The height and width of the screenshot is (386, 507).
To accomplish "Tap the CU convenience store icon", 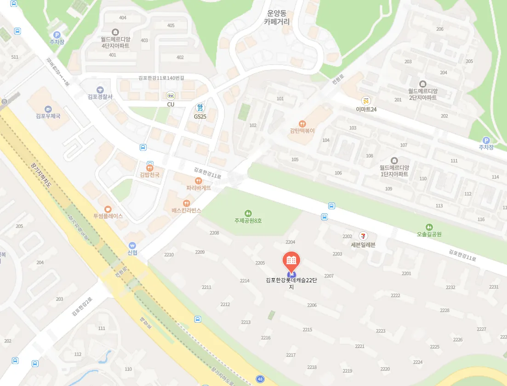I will (171, 95).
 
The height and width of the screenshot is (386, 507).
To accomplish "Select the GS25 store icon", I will (200, 107).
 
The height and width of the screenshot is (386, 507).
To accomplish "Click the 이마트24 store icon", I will (366, 101).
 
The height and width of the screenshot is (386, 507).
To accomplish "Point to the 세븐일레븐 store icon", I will (363, 235).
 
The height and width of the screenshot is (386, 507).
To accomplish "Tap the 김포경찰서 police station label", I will (100, 96).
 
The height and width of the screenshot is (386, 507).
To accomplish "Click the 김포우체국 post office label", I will (48, 116).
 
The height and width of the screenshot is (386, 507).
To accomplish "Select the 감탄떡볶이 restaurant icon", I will (302, 123).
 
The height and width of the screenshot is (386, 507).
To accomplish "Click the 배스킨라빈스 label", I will (187, 210).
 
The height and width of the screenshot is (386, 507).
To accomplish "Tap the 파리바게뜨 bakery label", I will (199, 188).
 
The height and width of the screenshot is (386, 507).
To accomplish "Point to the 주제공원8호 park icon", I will (248, 213).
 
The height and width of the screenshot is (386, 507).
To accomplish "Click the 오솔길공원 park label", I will (429, 234).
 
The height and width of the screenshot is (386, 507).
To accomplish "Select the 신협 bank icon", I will (132, 246).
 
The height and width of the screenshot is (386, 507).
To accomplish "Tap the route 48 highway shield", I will (261, 380).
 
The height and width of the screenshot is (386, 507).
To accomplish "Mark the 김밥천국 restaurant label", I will (150, 175).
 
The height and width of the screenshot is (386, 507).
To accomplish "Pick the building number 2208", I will (214, 233).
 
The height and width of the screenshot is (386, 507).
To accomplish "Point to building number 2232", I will (450, 287).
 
